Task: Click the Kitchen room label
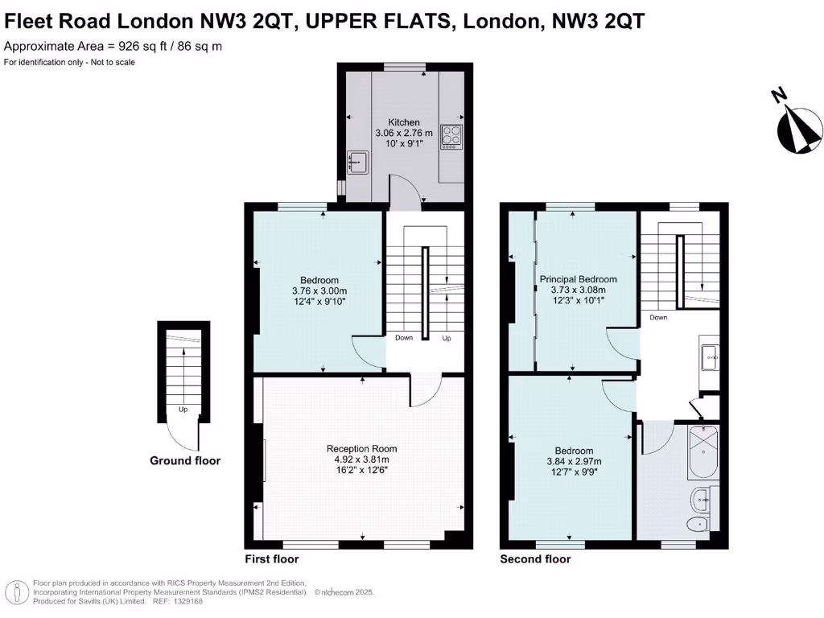404,122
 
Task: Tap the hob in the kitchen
451,137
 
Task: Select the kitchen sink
356,163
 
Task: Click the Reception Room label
361,448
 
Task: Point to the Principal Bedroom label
578,279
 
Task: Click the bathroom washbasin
700,500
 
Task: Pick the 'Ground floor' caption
185,461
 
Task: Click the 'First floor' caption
271,559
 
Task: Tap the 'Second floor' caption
535,559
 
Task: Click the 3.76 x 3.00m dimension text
319,291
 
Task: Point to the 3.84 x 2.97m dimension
575,462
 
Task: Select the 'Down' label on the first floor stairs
404,338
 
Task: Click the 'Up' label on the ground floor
183,410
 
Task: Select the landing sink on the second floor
709,356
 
